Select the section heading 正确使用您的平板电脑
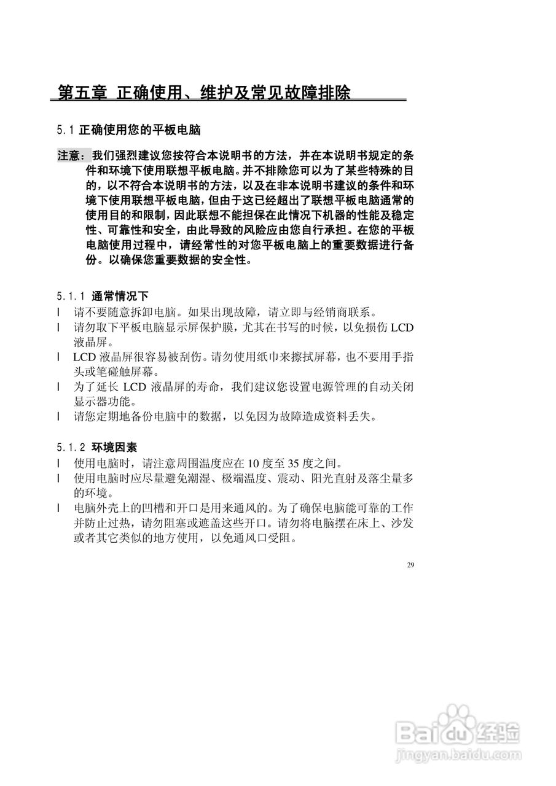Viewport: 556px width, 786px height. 141,130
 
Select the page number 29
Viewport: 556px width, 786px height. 410,565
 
